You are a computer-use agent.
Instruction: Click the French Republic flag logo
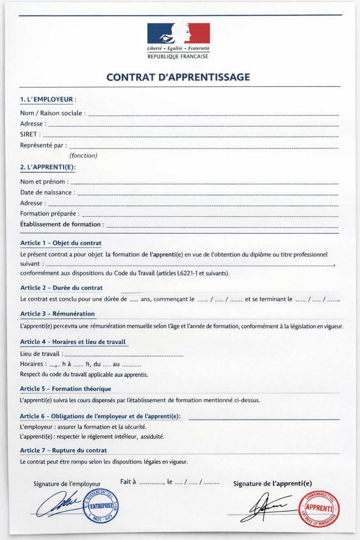click(x=178, y=34)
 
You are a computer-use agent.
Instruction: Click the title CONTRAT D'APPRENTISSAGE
click(x=178, y=77)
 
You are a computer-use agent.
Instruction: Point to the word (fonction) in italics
click(x=84, y=155)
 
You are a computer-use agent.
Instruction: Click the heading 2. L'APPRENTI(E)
click(x=48, y=167)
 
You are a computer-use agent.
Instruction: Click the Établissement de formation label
click(x=62, y=225)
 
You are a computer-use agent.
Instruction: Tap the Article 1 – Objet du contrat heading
click(x=61, y=243)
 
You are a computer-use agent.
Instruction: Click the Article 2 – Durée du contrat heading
click(x=61, y=288)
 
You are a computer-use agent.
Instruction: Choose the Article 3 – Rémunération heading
click(x=58, y=314)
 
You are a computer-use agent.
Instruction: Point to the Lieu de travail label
click(x=42, y=353)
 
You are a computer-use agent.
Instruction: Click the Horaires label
click(x=33, y=364)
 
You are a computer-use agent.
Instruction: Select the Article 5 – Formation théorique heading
click(x=65, y=389)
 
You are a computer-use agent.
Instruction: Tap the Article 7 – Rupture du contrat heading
click(x=63, y=450)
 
